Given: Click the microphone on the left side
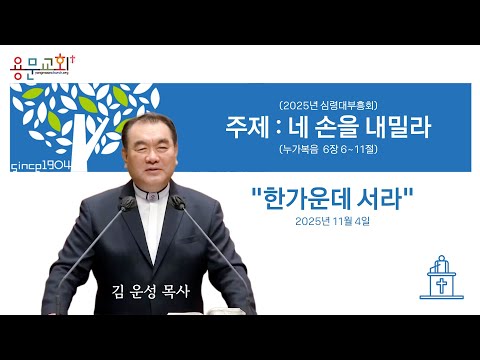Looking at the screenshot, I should point(127,204).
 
